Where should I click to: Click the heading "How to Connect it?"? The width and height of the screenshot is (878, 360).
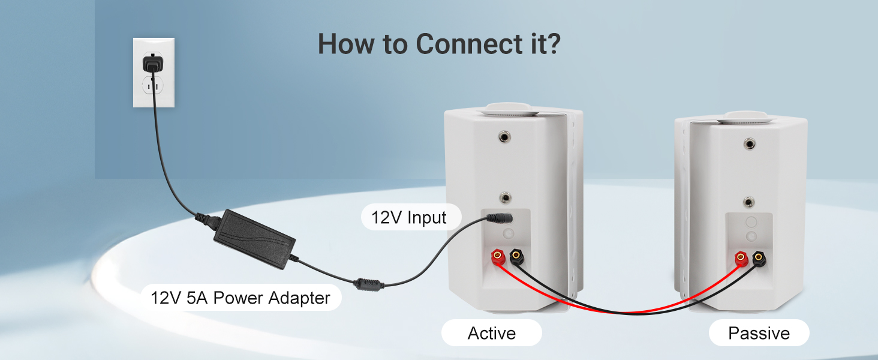[x=439, y=44]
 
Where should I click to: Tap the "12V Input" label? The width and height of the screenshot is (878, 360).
[x=409, y=217]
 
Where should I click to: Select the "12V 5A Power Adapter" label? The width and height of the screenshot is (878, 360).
[x=240, y=298]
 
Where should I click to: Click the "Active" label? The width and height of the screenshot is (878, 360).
[x=491, y=333]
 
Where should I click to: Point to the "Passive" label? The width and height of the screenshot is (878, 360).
[x=759, y=333]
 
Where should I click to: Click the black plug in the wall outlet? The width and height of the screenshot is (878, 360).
[x=153, y=62]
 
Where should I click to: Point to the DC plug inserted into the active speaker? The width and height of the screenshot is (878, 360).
[x=497, y=217]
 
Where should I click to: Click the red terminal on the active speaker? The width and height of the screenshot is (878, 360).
[x=497, y=258]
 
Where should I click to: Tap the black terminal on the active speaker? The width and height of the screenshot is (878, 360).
[x=516, y=258]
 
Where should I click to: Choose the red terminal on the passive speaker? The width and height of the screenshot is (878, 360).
[x=741, y=259]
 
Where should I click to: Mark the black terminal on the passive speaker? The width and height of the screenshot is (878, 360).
[x=760, y=259]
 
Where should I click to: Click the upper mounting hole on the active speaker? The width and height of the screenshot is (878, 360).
[x=505, y=139]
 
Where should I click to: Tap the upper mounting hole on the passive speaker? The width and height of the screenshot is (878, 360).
[x=750, y=143]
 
